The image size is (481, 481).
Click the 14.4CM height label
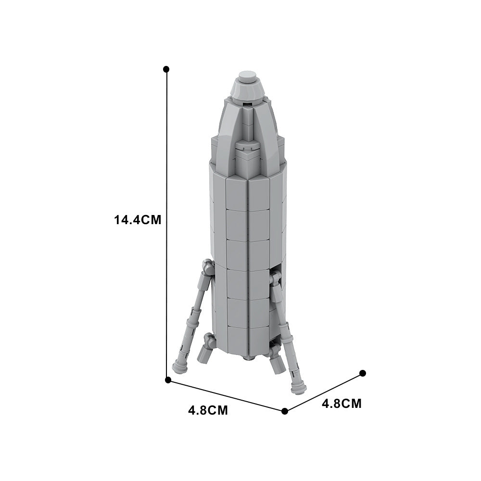pyautogui.click(x=137, y=220)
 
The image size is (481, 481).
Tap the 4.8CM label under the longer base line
pyautogui.click(x=208, y=411)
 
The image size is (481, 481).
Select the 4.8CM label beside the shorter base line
pyautogui.click(x=342, y=403)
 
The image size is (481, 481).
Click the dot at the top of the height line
pyautogui.click(x=166, y=69)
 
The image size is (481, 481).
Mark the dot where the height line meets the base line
pyautogui.click(x=168, y=380)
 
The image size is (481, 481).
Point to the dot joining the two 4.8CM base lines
pyautogui.click(x=285, y=411)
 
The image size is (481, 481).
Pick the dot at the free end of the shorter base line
pyautogui.click(x=363, y=373)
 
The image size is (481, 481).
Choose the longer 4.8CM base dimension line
pyautogui.click(x=226, y=395)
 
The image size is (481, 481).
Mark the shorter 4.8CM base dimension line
pyautogui.click(x=324, y=392)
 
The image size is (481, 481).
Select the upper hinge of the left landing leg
pyautogui.click(x=207, y=267)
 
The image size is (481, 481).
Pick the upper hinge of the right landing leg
pyautogui.click(x=276, y=279)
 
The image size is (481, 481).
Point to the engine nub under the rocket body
pyautogui.click(x=247, y=358)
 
